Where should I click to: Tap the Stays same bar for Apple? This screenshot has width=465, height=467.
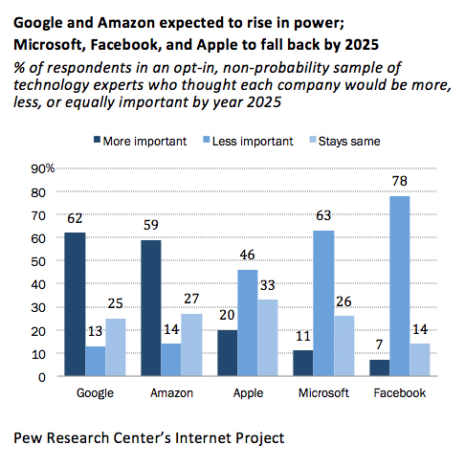[269, 338]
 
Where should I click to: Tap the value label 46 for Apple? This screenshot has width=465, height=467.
[247, 255]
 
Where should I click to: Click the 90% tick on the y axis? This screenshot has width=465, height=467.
[44, 168]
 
